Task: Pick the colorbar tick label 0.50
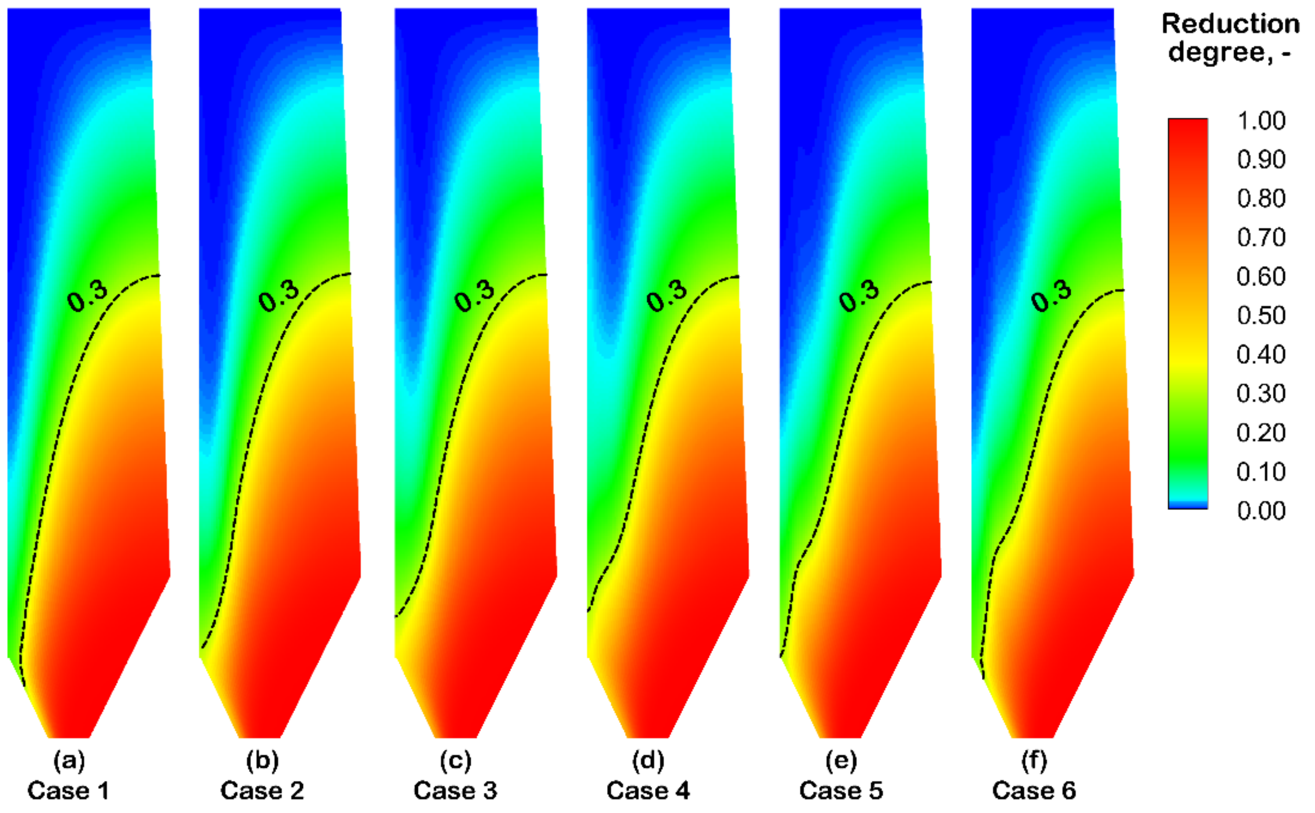coord(1261,315)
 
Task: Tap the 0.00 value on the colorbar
coord(1261,510)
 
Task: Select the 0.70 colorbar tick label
coord(1261,237)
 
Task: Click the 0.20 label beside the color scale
coord(1261,432)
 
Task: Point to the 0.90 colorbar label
coord(1261,159)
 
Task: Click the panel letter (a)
coord(69,761)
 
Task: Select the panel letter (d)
coord(648,761)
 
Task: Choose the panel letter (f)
coord(1034,761)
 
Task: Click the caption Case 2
coord(262,791)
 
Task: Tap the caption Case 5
coord(841,791)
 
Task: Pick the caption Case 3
coord(455,791)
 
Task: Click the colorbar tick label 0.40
coord(1261,354)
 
